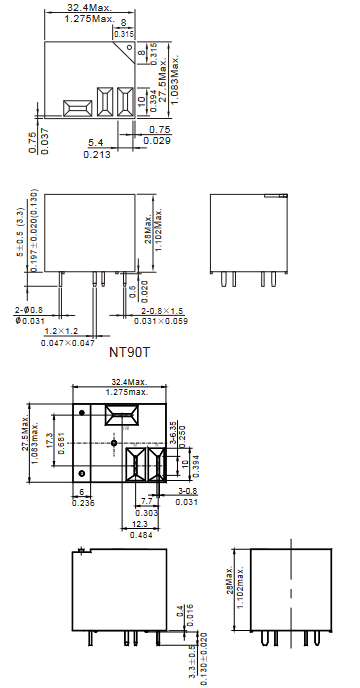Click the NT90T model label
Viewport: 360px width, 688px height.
tap(129, 351)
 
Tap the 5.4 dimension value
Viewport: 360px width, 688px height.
tap(95, 143)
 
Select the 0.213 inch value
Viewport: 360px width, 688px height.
tap(97, 154)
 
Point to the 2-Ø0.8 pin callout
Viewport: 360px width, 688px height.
tap(28, 311)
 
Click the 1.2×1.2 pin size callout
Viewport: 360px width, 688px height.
tap(61, 331)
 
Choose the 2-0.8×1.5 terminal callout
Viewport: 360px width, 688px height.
tap(162, 311)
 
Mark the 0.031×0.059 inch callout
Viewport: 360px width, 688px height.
tap(161, 321)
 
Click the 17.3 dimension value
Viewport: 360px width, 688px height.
tap(49, 440)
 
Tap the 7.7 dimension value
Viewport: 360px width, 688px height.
tap(147, 501)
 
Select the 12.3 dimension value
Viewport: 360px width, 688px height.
tap(140, 524)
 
